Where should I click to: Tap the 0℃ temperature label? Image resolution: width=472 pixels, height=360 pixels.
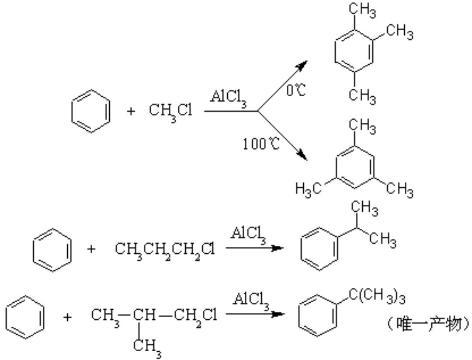coord(296,91)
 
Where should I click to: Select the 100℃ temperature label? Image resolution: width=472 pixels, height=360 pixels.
coord(261,144)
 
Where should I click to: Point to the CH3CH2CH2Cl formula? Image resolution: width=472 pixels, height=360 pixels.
coord(165,250)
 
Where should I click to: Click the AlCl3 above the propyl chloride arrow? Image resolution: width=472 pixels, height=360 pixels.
coord(249,234)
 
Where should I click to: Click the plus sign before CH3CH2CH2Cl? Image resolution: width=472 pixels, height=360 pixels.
coord(91,250)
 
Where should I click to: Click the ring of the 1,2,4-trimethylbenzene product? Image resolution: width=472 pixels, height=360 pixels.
coord(353,52)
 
